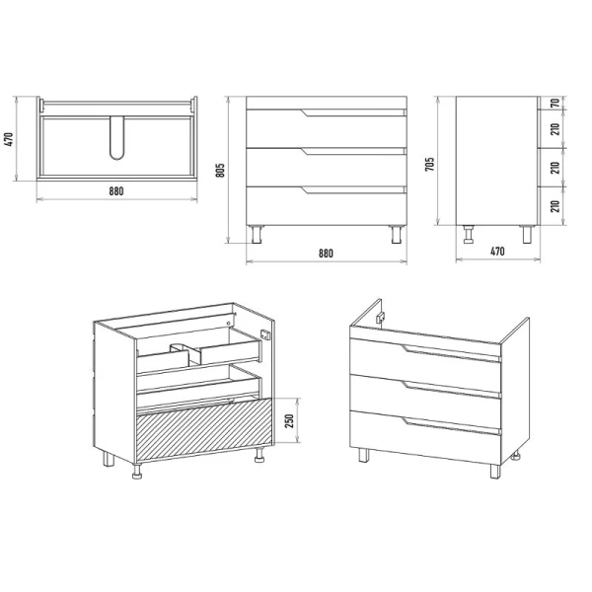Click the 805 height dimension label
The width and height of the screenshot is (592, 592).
tap(221, 170)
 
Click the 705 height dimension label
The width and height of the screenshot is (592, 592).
tap(429, 164)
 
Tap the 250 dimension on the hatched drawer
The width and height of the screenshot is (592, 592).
tap(289, 421)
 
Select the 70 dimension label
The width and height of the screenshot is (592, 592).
tap(555, 103)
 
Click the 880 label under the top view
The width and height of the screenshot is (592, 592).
tap(116, 191)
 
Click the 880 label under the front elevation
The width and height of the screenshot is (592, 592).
tap(326, 253)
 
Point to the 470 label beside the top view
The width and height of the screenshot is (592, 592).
tap(10, 139)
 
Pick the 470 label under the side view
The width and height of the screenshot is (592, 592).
tap(497, 251)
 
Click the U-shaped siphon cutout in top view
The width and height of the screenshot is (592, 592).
tap(117, 138)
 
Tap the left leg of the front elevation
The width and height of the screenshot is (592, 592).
tap(257, 234)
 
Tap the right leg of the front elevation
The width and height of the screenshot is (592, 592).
tap(397, 234)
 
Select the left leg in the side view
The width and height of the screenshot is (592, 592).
tap(469, 234)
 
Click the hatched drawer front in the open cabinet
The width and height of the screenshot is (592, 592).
tap(204, 430)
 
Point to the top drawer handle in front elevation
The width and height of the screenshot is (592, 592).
tap(353, 112)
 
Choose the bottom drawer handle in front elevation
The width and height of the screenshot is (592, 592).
tap(353, 189)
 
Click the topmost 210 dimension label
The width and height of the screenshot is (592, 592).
tap(555, 129)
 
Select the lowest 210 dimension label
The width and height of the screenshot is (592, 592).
tap(555, 206)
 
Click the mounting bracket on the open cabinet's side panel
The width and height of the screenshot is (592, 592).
tap(265, 334)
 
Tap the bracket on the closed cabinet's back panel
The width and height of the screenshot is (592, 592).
tap(380, 318)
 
